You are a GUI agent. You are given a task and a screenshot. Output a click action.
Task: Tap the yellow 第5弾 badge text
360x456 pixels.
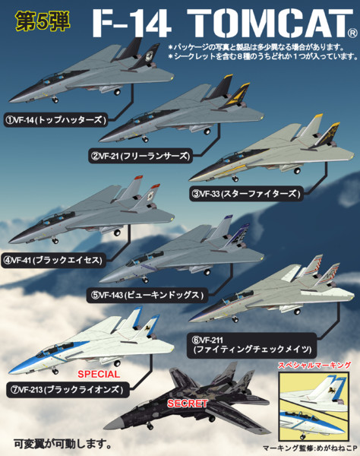43,21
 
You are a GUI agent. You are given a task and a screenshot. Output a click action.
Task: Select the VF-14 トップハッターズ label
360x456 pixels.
55,119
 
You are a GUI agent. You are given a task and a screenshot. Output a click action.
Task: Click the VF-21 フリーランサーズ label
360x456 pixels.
141,156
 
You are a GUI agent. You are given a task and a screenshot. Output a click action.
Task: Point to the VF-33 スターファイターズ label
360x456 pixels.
246,193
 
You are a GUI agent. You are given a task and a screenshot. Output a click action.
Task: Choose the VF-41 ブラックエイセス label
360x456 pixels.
53,260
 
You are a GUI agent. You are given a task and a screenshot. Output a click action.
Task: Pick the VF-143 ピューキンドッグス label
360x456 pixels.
147,295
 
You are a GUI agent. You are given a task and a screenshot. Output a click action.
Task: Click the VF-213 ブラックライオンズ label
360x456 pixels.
68,389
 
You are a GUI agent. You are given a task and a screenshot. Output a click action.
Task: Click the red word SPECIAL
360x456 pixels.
99,374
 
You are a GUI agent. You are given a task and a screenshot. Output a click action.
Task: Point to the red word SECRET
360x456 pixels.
188,404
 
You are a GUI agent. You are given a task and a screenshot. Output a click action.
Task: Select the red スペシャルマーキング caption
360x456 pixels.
314,366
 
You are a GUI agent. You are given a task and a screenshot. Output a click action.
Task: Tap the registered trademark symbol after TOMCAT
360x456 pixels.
352,33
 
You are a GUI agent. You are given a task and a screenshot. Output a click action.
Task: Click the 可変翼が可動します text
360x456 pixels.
63,443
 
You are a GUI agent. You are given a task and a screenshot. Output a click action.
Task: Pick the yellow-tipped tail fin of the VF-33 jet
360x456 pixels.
311,128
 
